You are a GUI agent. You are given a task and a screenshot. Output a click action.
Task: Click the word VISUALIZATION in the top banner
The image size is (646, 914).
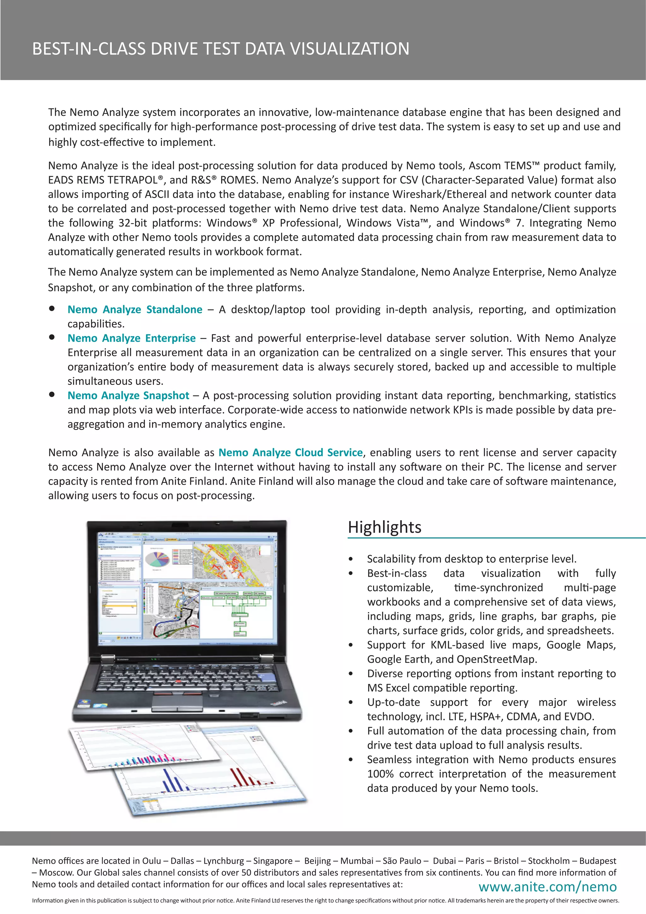click(349, 49)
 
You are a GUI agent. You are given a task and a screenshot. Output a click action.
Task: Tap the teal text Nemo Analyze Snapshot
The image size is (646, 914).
click(128, 395)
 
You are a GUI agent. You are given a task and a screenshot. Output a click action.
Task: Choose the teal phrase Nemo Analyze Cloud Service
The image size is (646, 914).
click(291, 453)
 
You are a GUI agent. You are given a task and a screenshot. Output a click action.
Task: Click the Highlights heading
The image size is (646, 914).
click(384, 527)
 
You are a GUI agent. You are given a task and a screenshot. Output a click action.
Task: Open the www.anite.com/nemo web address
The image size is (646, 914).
click(547, 887)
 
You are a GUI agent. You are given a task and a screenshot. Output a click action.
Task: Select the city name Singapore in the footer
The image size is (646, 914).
click(273, 861)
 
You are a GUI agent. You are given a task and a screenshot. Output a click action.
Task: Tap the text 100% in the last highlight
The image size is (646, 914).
click(380, 774)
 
